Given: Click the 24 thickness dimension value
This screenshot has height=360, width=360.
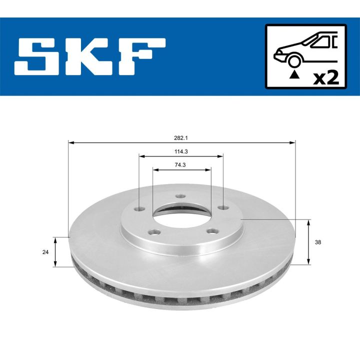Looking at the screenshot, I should pos(46,252).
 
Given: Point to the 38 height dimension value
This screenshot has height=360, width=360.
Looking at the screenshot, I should pos(318,242).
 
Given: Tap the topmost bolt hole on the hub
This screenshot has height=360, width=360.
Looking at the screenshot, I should pos(181,196).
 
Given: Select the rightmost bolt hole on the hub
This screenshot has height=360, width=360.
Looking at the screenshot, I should pos(220,207).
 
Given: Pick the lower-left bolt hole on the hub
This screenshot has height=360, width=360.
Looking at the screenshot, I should pos(156,231).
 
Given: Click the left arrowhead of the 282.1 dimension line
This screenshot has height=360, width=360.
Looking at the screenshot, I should pos(70,143).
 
